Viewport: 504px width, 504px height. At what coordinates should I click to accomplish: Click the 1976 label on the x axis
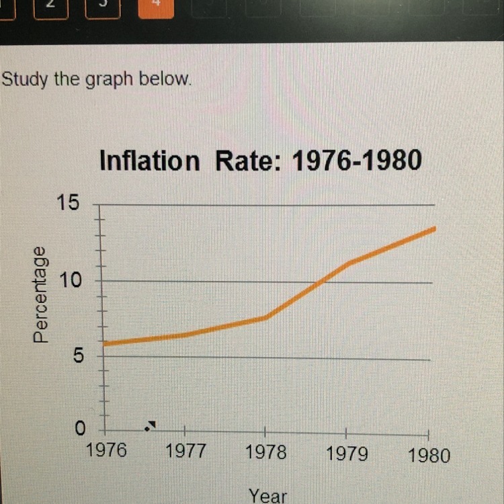click(x=106, y=450)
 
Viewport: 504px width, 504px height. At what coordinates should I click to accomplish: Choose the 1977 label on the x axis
click(x=185, y=451)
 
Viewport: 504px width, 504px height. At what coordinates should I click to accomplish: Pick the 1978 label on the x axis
click(x=265, y=452)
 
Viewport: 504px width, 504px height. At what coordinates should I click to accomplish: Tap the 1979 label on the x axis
click(x=347, y=454)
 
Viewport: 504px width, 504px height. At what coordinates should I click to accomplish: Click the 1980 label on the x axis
click(x=429, y=456)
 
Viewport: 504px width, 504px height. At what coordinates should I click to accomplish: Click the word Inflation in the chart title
click(x=149, y=161)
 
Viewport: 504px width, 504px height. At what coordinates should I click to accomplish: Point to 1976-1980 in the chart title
click(x=356, y=161)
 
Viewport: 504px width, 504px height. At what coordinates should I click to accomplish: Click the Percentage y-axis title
click(x=42, y=294)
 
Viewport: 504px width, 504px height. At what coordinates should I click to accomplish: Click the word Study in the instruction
click(x=24, y=79)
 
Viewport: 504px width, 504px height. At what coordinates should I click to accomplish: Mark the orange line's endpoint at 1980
click(x=435, y=228)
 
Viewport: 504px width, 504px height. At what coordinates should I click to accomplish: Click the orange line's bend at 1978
click(x=267, y=317)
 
